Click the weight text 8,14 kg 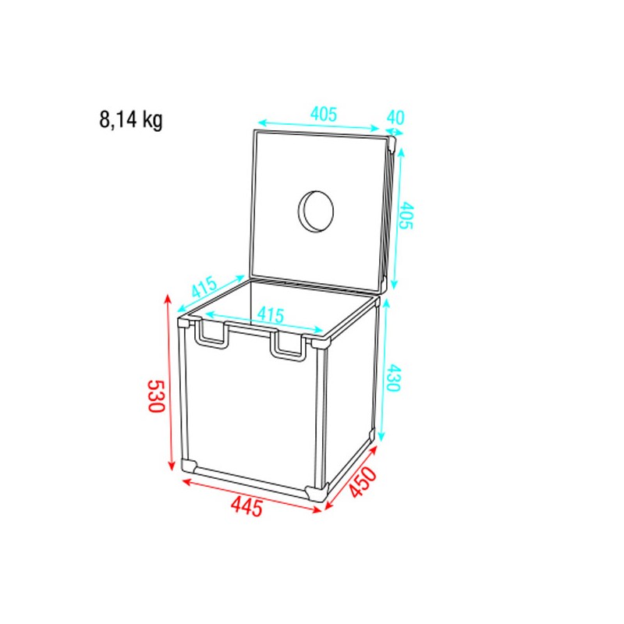coord(131,120)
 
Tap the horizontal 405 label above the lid coord(323,114)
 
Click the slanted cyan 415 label coord(204,286)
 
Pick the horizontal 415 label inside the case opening coord(269,315)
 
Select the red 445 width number coord(246,507)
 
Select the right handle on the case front coord(289,346)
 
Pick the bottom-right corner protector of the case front coord(317,491)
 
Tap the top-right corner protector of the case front coord(317,343)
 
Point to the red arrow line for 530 coord(168,382)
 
